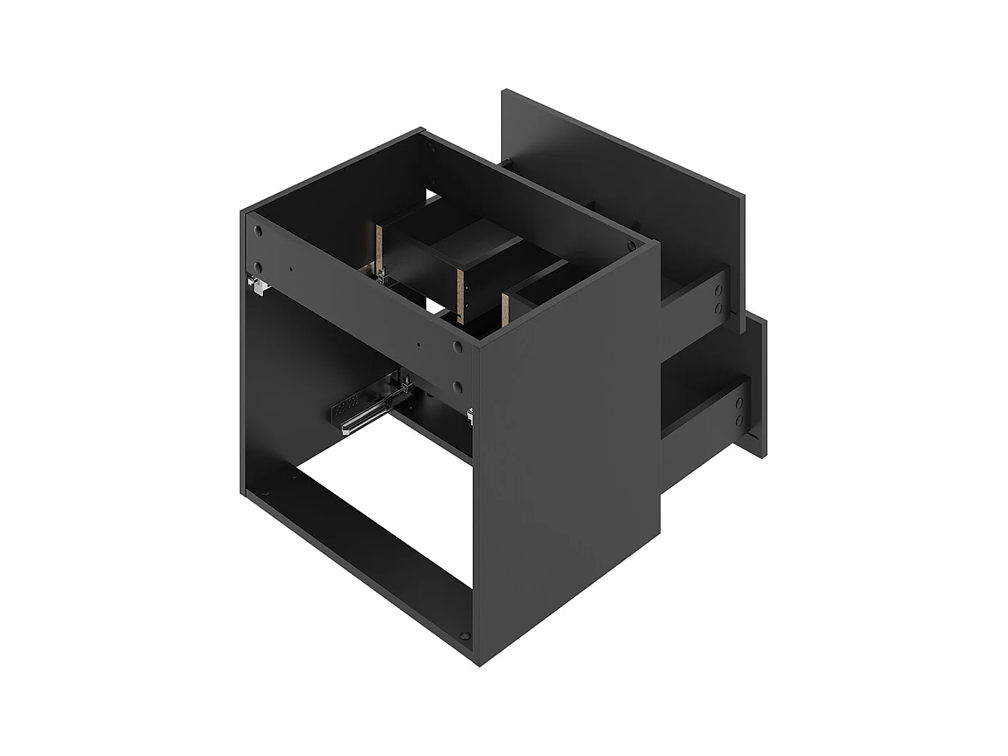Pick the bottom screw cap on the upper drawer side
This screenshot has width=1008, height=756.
[718, 308]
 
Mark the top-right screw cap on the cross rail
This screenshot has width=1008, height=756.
[457, 348]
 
